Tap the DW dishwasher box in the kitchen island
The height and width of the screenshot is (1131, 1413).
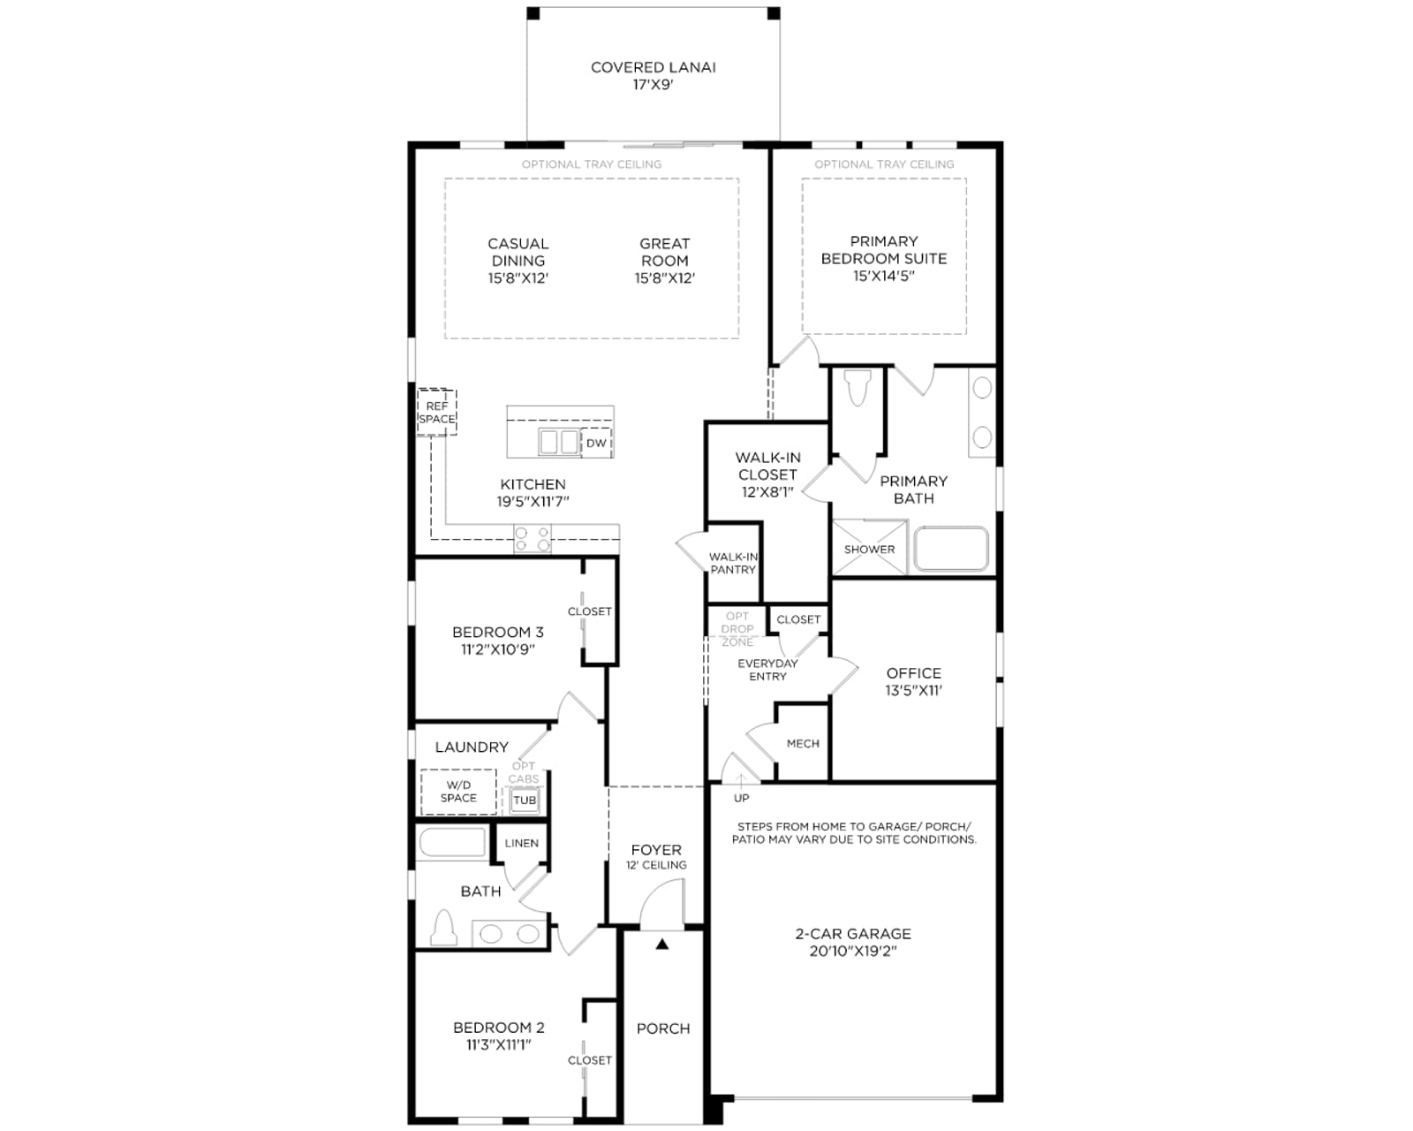[x=596, y=443]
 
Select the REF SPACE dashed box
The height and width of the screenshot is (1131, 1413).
[x=436, y=412]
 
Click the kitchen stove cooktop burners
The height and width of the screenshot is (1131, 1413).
[x=532, y=538]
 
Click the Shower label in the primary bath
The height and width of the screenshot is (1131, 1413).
[x=869, y=550]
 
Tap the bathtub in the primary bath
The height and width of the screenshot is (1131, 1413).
[x=951, y=549]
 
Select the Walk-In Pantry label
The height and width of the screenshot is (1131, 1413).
[x=733, y=563]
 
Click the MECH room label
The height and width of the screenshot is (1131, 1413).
[x=803, y=743]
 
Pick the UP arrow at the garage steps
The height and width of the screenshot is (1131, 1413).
[x=741, y=780]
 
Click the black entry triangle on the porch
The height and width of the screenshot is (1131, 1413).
[x=661, y=944]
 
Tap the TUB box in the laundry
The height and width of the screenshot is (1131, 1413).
[x=524, y=800]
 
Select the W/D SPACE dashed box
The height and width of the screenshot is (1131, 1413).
[x=458, y=791]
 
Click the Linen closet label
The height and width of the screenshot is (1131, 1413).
[x=521, y=843]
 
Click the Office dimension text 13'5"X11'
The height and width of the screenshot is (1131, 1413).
[x=913, y=691]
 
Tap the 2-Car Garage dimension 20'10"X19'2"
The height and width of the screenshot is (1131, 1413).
[x=853, y=951]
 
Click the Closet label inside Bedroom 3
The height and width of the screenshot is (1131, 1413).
[x=589, y=611]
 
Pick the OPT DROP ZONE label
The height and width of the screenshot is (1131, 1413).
[x=737, y=629]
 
